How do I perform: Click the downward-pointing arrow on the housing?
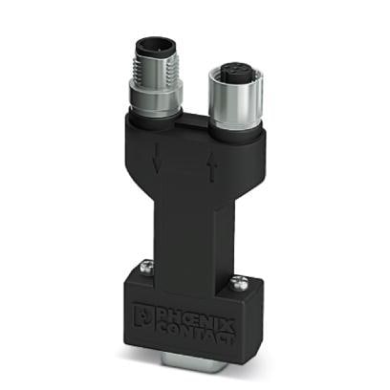click(x=157, y=162)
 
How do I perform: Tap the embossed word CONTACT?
click(x=198, y=323)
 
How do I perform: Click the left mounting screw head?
click(x=148, y=270)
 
